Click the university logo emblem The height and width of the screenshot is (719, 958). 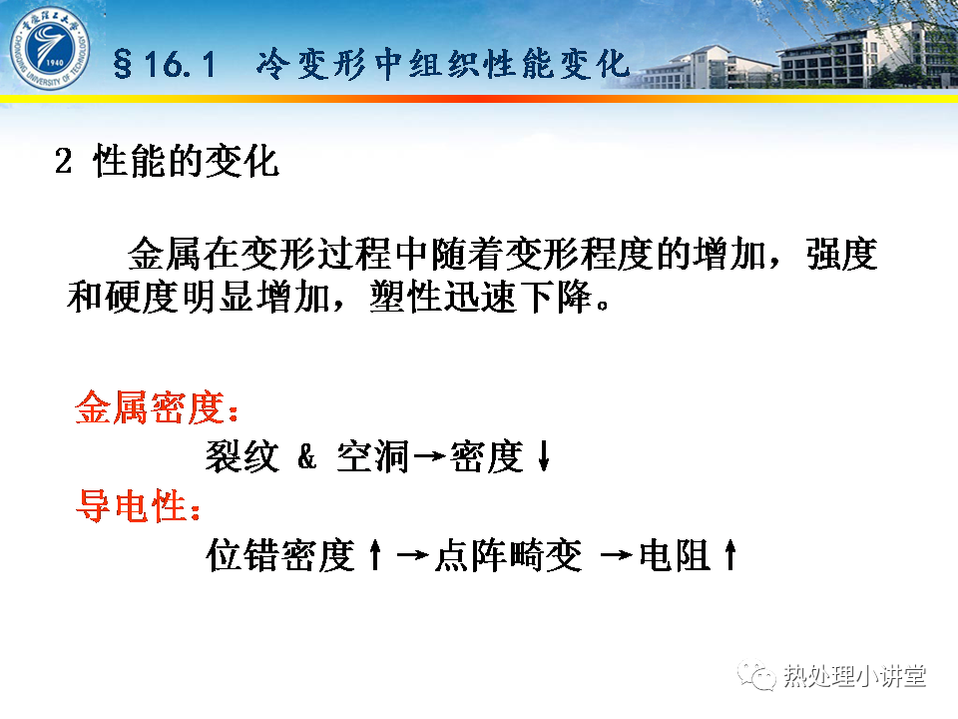tap(50, 48)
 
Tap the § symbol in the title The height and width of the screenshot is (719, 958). tap(123, 64)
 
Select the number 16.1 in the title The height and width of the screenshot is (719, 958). tap(181, 64)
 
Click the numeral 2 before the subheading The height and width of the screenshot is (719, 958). tap(63, 162)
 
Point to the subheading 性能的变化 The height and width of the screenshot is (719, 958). tap(187, 162)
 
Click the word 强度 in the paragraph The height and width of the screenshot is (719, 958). tap(842, 254)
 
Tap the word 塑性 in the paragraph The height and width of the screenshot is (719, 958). tap(406, 298)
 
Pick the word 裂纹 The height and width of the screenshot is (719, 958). tap(242, 456)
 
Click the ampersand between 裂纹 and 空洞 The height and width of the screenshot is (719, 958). tap(306, 456)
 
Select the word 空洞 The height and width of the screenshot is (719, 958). tap(372, 456)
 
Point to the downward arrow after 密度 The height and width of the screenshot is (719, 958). tap(544, 456)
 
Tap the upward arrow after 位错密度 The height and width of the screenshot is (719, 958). tap(376, 554)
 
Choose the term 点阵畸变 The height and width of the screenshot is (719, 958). tap(508, 555)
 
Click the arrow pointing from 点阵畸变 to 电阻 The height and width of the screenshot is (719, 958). tap(617, 555)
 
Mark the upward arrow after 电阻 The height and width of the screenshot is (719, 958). tap(730, 554)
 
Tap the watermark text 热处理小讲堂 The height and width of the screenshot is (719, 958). tap(855, 676)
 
